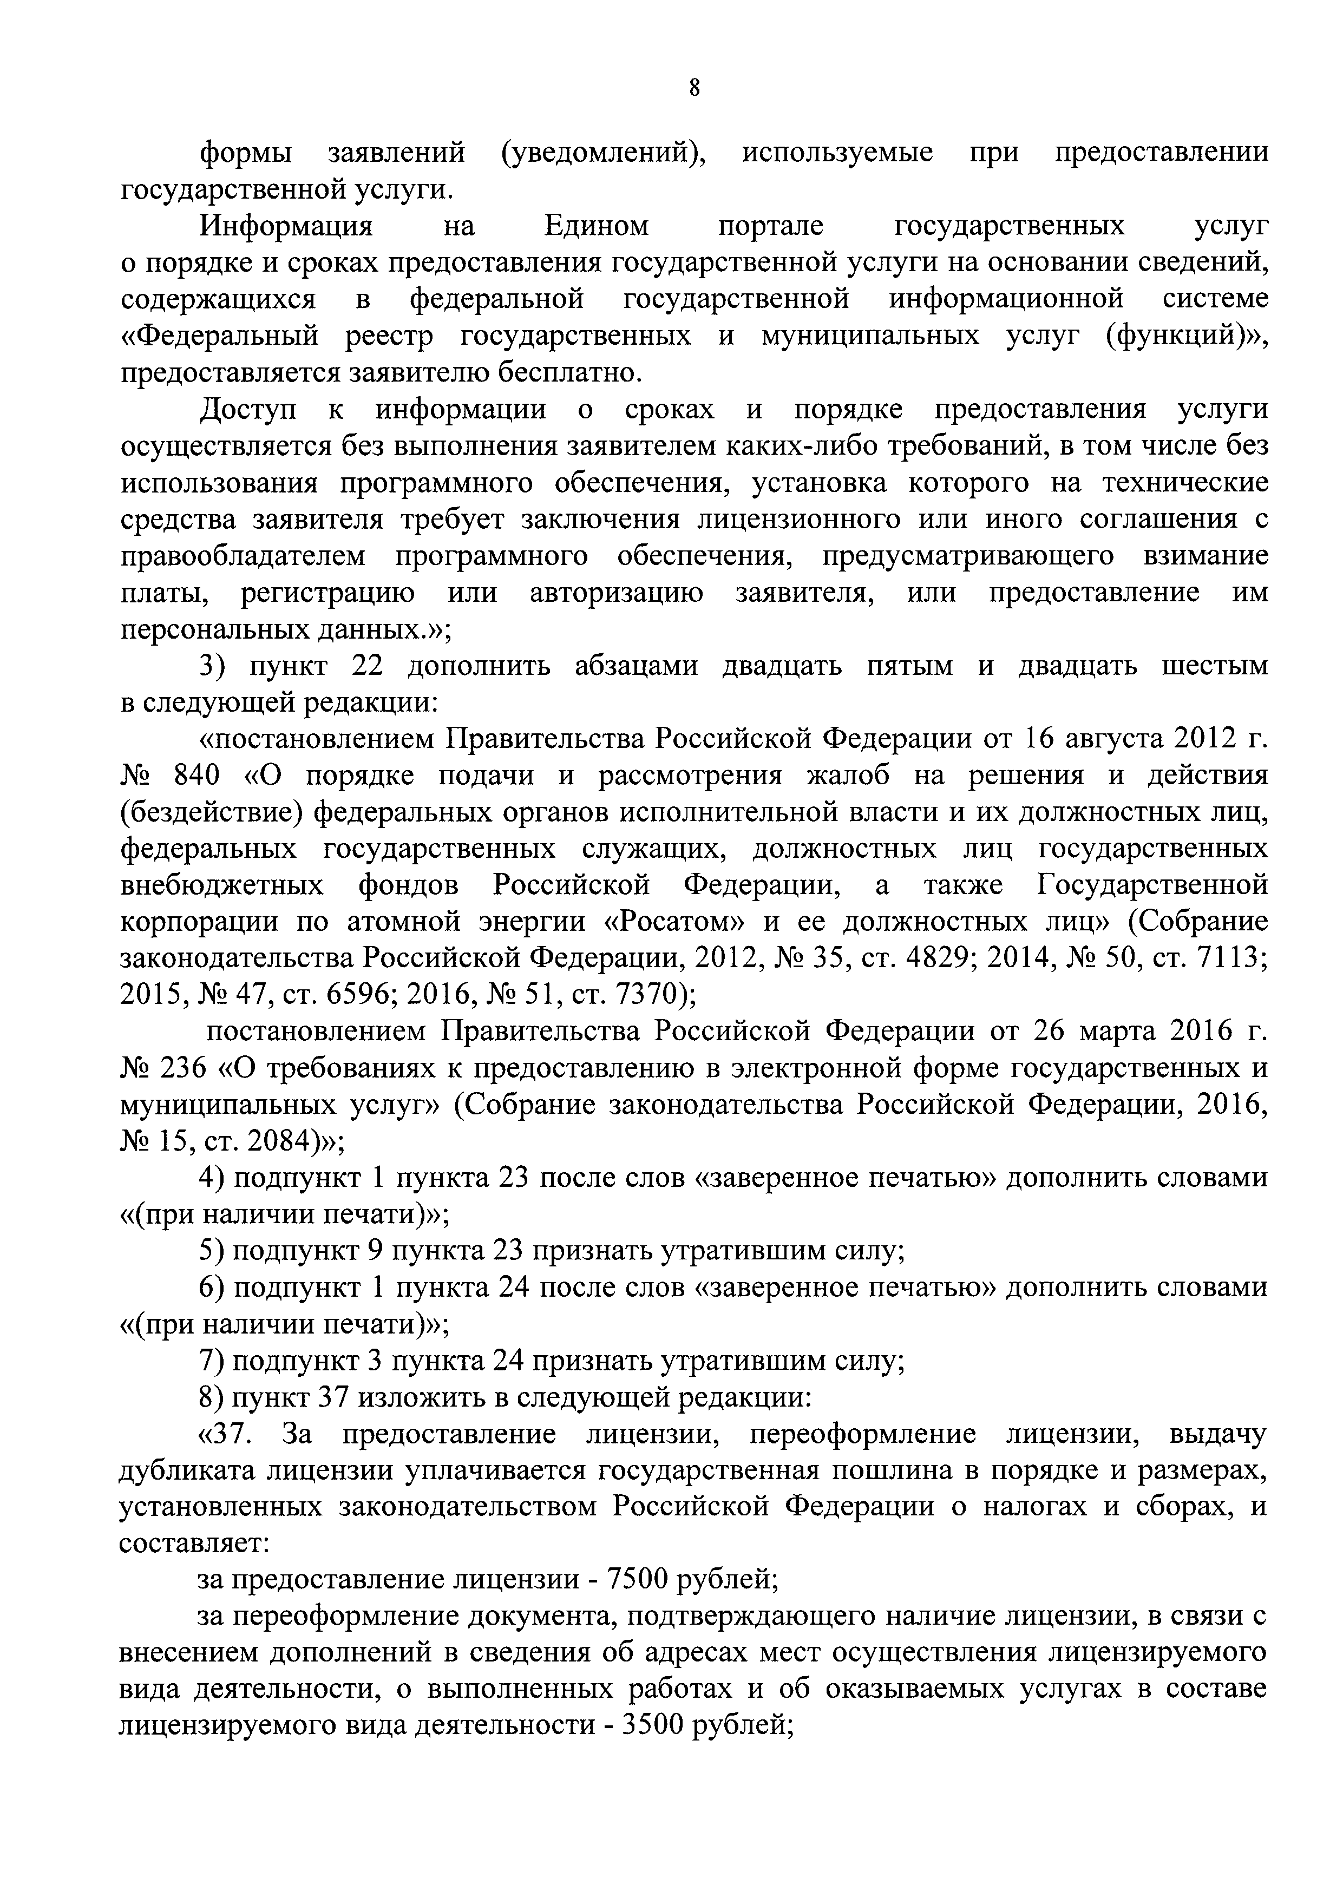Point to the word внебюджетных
point(221,885)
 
